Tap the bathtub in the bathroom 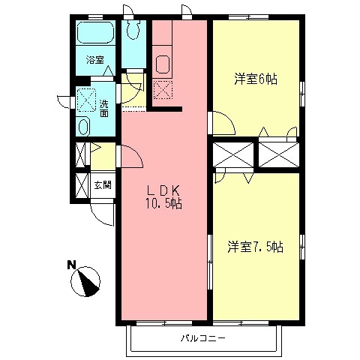point(95,34)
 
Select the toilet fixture point(134,29)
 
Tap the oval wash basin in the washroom point(84,126)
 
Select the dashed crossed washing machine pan point(85,99)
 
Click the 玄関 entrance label point(102,184)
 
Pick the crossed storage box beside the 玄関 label point(82,184)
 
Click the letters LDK point(163,190)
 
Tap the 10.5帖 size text point(163,202)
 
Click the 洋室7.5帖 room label point(256,246)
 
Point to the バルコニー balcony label point(202,338)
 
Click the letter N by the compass point(71,264)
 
